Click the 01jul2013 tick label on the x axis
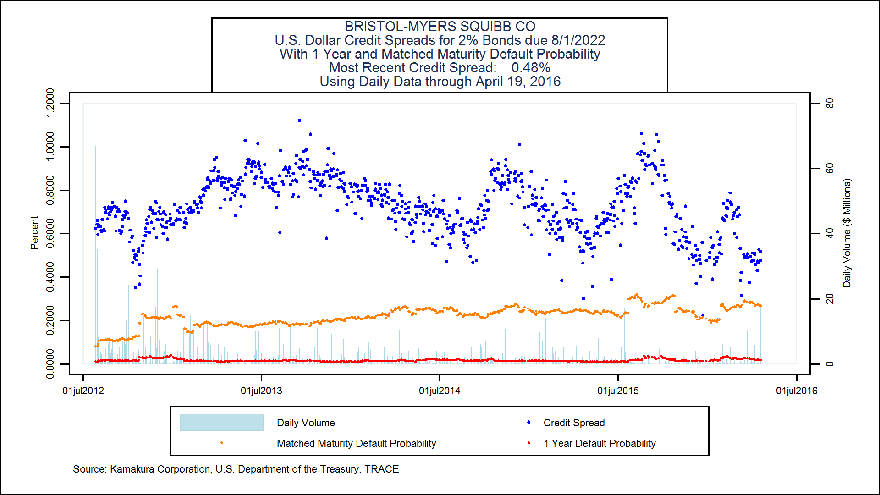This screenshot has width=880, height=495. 261,391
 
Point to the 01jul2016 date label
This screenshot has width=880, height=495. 796,391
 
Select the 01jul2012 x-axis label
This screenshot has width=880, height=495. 83,391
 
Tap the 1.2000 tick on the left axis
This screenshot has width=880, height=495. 50,103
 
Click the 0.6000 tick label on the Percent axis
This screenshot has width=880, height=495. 50,233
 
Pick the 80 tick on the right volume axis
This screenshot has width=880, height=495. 829,104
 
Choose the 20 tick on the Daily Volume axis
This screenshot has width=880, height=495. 829,299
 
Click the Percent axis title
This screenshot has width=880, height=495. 34,233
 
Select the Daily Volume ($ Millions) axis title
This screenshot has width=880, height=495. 847,233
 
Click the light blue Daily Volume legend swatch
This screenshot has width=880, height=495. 221,422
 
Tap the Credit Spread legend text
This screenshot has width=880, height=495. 574,423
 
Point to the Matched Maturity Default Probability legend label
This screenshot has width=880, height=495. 356,443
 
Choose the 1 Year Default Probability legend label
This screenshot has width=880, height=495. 599,443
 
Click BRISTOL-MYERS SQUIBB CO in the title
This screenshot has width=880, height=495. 440,27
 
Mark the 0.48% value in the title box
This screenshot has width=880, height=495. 531,68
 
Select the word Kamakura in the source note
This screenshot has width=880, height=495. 132,469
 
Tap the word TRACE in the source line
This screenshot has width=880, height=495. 381,469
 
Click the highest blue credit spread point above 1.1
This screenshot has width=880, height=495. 299,121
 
